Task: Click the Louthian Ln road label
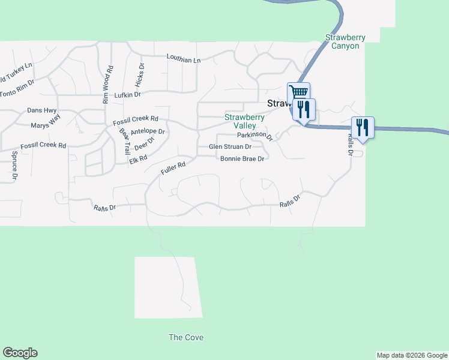tap(183, 59)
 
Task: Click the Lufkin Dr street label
tap(127, 95)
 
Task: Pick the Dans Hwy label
tap(41, 110)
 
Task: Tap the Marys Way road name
tap(46, 122)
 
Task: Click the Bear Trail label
tap(124, 142)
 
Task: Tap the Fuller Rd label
tap(173, 169)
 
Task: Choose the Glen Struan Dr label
tap(229, 146)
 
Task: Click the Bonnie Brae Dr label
tap(243, 159)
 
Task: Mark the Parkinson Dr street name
tap(255, 136)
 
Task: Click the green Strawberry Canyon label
tap(345, 41)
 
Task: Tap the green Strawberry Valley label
tap(244, 121)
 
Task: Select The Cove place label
tap(185, 338)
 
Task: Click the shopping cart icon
tap(298, 92)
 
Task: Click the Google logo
tap(20, 353)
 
